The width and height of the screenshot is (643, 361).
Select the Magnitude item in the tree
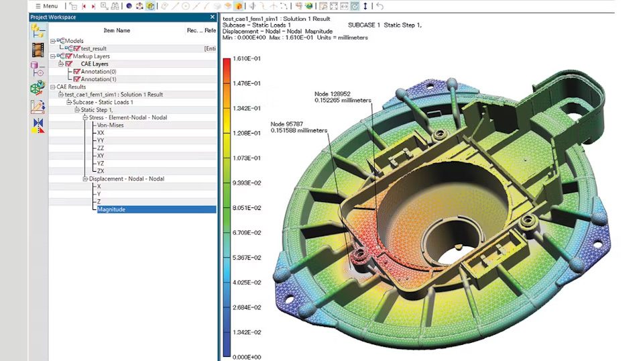(111, 209)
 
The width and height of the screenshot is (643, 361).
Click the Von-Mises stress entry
(110, 125)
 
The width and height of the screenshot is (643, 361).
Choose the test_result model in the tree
(95, 48)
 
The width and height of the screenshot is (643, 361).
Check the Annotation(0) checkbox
(76, 72)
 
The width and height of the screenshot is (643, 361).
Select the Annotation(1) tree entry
(99, 79)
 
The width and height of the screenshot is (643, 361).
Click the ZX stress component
(101, 171)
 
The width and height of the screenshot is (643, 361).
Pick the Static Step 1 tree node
(97, 109)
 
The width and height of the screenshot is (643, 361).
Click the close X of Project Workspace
(213, 17)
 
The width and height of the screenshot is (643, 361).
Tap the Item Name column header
(117, 30)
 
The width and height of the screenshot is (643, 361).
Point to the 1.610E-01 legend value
(247, 59)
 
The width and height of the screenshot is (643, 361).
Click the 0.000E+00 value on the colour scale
(247, 357)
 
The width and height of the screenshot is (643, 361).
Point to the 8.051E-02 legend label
(247, 208)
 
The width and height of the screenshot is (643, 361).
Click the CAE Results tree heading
(71, 87)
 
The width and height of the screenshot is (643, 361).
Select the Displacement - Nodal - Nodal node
(127, 178)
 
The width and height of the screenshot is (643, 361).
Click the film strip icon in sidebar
(38, 49)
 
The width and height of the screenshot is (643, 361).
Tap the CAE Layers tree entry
(91, 64)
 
